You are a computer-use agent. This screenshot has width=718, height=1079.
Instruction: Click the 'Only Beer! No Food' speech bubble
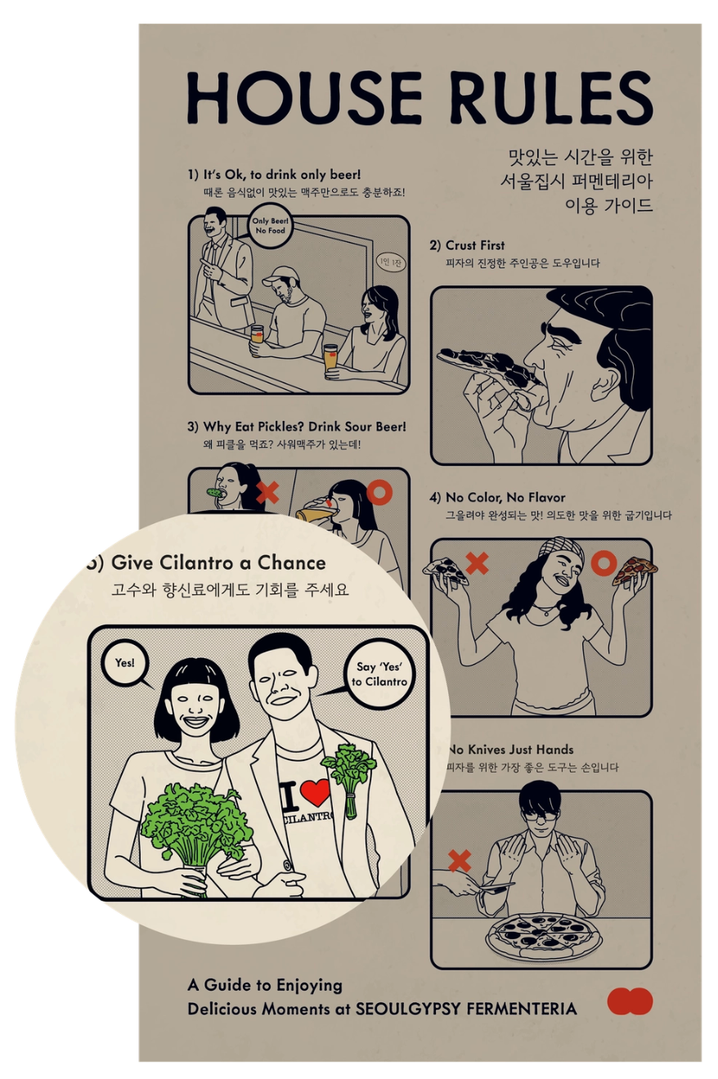pyautogui.click(x=270, y=226)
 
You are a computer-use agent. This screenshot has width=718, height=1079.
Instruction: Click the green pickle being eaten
pyautogui.click(x=214, y=493)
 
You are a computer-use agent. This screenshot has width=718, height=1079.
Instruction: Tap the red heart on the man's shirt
pyautogui.click(x=315, y=793)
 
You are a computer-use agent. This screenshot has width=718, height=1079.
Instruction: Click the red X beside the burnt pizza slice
pyautogui.click(x=477, y=563)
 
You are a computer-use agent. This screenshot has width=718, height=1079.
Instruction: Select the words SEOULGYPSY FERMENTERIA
pyautogui.click(x=466, y=1008)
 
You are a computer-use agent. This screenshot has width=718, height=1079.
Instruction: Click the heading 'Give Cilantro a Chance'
pyautogui.click(x=218, y=562)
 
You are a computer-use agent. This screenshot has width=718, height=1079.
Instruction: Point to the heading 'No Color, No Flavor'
pyautogui.click(x=505, y=497)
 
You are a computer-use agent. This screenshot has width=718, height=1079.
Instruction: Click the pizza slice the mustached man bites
pyautogui.click(x=487, y=365)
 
